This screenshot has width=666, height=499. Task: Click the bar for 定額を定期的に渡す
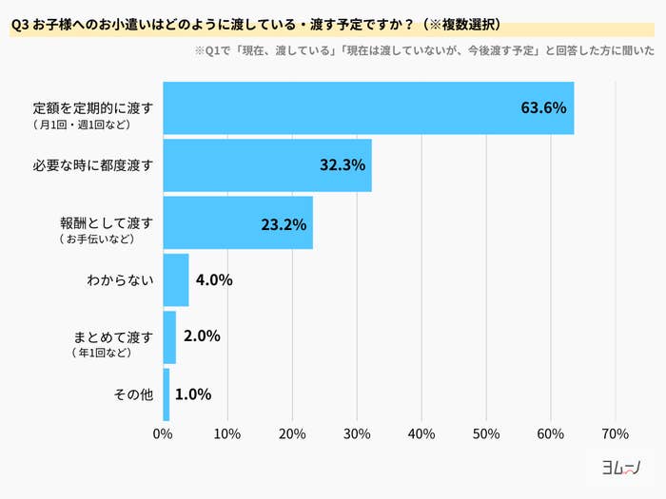click(368, 108)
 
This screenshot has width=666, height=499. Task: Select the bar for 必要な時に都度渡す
click(267, 165)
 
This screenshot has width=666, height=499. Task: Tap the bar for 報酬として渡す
click(238, 222)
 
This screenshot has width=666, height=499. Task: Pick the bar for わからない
click(176, 280)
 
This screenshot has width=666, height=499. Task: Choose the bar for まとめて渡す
click(169, 337)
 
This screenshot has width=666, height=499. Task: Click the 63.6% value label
click(543, 107)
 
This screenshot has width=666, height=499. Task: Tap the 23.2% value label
click(284, 224)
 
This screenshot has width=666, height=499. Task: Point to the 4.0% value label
click(214, 280)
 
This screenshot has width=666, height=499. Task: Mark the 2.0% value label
click(201, 336)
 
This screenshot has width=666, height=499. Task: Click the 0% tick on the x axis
click(163, 434)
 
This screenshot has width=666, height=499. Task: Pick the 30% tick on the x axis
click(357, 434)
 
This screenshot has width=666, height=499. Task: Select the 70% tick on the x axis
click(615, 434)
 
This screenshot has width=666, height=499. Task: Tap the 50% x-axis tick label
click(486, 434)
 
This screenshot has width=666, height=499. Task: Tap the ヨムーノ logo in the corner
click(620, 468)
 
